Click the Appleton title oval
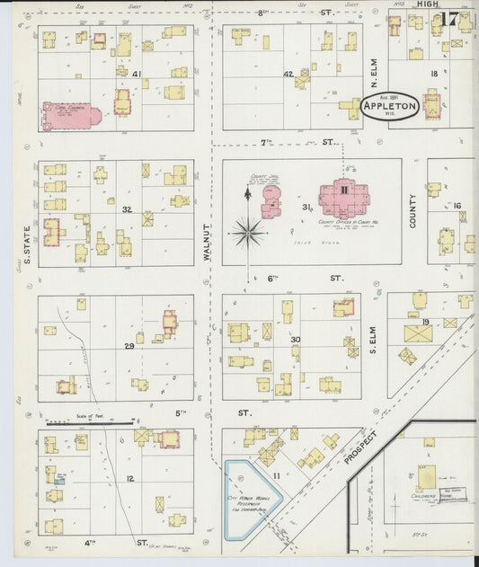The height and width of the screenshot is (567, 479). (x=390, y=106)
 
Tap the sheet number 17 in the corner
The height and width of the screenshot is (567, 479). (x=450, y=19)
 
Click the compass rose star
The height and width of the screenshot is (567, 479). (x=248, y=232)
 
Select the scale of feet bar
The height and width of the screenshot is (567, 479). (x=90, y=421)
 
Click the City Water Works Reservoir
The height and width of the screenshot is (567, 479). (x=251, y=499)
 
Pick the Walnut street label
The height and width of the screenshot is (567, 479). (x=207, y=243)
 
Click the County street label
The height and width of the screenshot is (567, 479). (x=413, y=210)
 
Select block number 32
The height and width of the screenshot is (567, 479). (x=128, y=209)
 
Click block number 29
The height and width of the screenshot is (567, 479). (x=129, y=345)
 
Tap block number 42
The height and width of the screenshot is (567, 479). (x=288, y=74)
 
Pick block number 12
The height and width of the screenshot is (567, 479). (x=129, y=479)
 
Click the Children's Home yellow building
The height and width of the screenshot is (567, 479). (x=427, y=476)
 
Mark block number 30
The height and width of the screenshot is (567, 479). (x=295, y=339)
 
